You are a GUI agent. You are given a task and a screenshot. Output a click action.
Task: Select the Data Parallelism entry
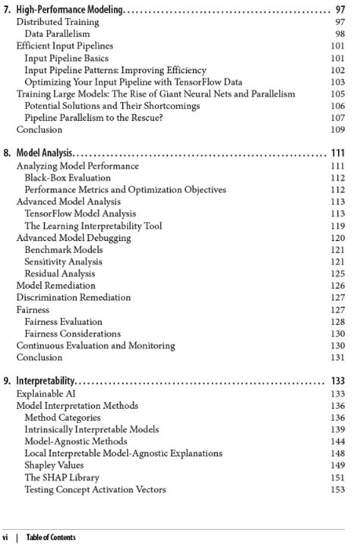point(57,34)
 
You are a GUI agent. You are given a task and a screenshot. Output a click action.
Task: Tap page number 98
point(339,34)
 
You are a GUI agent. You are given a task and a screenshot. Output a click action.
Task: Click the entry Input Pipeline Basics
point(66,58)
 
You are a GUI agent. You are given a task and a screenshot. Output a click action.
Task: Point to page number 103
point(338,81)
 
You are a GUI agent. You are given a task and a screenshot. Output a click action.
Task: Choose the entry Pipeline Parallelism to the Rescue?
point(93,118)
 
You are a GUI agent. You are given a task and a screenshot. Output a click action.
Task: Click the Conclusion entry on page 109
point(39,130)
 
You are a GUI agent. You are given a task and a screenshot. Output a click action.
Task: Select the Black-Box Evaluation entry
point(68,178)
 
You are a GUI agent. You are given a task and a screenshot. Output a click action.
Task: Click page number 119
point(338,226)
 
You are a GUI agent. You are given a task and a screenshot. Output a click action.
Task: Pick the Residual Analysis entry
point(60,274)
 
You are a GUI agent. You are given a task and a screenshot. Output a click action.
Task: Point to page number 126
point(338,286)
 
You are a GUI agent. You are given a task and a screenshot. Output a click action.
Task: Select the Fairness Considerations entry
point(72,334)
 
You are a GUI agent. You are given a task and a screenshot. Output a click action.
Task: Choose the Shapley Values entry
point(57,466)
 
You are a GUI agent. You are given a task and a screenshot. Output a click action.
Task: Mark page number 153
point(338,490)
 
